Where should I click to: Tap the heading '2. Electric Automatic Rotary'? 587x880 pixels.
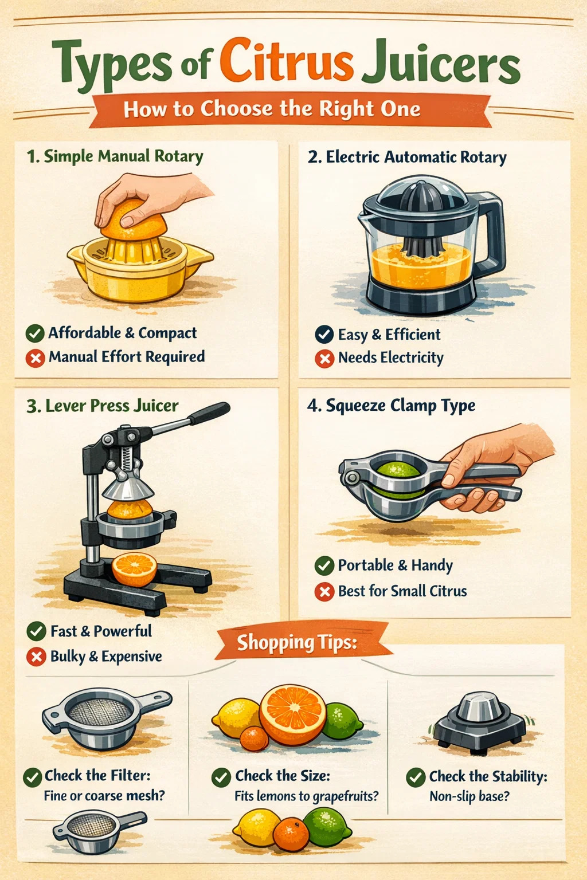(407, 158)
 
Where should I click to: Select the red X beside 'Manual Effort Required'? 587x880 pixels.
(36, 358)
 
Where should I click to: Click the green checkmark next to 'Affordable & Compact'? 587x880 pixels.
(35, 333)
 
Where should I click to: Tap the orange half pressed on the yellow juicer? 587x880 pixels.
(134, 220)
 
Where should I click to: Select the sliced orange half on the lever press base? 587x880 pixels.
(135, 569)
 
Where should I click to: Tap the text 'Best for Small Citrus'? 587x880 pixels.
(402, 591)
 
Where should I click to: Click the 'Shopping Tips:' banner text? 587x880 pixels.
(297, 643)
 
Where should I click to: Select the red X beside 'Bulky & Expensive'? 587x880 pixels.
(36, 657)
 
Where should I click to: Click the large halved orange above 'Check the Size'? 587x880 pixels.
(292, 714)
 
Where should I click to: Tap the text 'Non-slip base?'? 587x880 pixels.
(469, 796)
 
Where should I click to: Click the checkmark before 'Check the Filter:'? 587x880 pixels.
(33, 777)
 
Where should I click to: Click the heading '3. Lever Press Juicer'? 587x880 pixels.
(102, 406)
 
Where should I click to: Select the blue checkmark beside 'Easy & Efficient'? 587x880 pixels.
(324, 335)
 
